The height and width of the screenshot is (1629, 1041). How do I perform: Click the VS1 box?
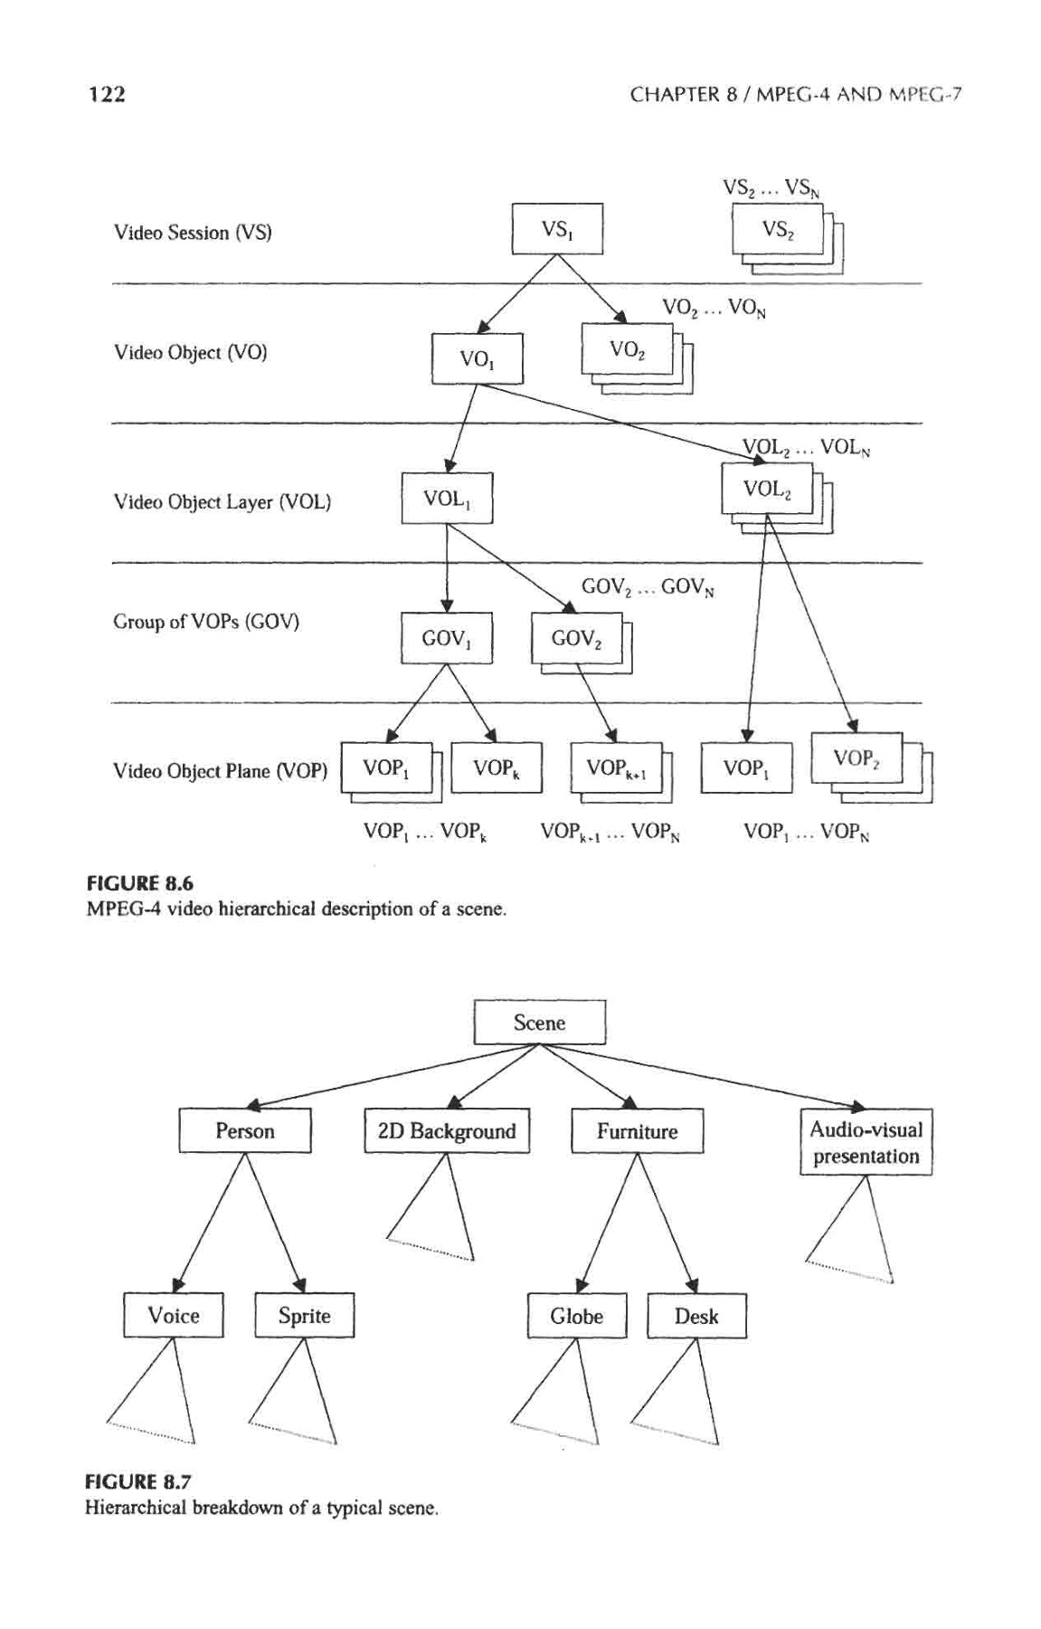point(557,229)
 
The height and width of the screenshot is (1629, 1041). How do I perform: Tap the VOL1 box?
point(447,498)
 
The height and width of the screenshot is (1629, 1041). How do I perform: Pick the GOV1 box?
point(447,638)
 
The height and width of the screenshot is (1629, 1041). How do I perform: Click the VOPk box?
point(496,767)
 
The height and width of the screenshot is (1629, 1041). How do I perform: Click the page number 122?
point(106,94)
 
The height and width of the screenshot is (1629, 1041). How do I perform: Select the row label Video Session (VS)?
point(193,233)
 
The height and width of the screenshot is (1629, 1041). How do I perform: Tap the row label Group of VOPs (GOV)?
point(206,622)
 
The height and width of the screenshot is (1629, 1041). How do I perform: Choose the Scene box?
point(540,1023)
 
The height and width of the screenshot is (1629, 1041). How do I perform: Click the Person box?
point(245,1130)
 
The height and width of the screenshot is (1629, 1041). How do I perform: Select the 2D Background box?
point(447,1130)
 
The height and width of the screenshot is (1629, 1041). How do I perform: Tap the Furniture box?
point(638,1131)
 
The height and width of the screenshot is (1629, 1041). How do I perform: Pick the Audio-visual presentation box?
point(866,1142)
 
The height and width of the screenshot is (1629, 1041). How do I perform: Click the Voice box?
point(174,1315)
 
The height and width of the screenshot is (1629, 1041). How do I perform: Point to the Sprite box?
point(304,1316)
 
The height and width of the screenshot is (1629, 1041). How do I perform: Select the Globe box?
point(577,1316)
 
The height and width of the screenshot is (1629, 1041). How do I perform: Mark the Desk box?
point(696,1316)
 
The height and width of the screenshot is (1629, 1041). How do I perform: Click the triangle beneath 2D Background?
point(438,1217)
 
